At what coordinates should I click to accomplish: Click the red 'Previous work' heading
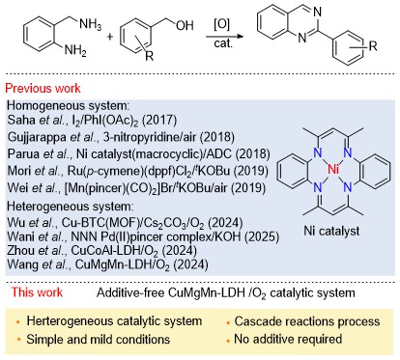[x=43, y=88]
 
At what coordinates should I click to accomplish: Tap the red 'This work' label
[x=37, y=292]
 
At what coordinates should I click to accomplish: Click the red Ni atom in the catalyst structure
[x=332, y=169]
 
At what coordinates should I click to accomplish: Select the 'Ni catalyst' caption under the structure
[x=331, y=231]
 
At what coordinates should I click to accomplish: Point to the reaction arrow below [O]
[x=224, y=37]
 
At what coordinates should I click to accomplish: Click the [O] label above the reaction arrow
[x=221, y=24]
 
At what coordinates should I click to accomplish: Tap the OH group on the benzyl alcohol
[x=185, y=25]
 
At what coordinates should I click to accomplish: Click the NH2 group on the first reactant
[x=75, y=50]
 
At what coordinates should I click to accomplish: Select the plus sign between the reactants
[x=110, y=37]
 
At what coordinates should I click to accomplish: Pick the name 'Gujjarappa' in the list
[x=38, y=137]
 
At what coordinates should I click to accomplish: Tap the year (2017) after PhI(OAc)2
[x=159, y=121]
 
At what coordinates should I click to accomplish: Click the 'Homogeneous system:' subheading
[x=69, y=106]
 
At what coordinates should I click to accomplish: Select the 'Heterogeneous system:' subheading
[x=70, y=207]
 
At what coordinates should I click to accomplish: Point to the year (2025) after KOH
[x=262, y=236]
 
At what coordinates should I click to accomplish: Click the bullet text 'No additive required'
[x=288, y=339]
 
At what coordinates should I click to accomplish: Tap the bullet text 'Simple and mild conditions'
[x=99, y=340]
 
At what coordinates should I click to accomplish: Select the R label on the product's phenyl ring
[x=373, y=46]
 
